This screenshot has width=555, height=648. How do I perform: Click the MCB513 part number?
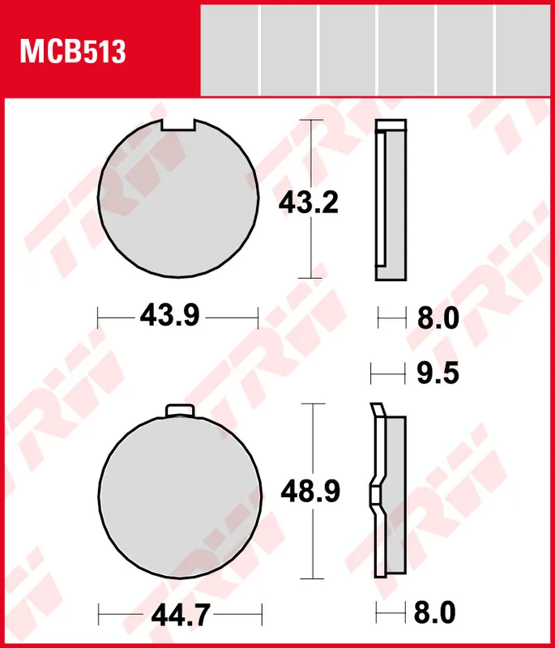pyautogui.click(x=73, y=53)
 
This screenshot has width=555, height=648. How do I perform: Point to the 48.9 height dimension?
pyautogui.click(x=310, y=491)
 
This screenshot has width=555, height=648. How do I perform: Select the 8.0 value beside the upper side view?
pyautogui.click(x=438, y=318)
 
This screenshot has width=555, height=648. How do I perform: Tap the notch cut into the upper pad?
pyautogui.click(x=178, y=125)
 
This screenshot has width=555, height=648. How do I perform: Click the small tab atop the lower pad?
pyautogui.click(x=178, y=410)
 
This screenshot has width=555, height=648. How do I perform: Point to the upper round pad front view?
pyautogui.click(x=177, y=198)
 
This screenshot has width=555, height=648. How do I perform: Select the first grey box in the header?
pyautogui.click(x=229, y=49)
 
